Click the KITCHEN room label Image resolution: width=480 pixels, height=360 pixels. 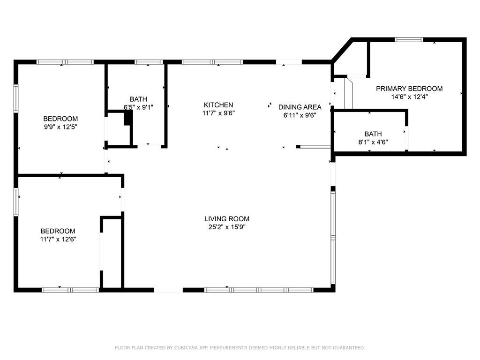tap(218, 105)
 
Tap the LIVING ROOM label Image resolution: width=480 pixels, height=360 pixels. tap(227, 219)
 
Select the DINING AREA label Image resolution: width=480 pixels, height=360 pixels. tap(300, 107)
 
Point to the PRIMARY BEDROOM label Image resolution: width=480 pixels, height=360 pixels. tap(409, 89)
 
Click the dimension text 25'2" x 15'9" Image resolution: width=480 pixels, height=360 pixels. tap(227, 227)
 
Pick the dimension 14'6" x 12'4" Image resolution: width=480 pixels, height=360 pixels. tap(409, 97)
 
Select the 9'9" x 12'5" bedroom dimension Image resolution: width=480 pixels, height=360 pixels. tap(60, 127)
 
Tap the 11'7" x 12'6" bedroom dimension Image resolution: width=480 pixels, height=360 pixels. tap(58, 240)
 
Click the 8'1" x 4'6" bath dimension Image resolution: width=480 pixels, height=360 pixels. tap(373, 142)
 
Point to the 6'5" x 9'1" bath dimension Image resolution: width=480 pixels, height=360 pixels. tap(138, 107)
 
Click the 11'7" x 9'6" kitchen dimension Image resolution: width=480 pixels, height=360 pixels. tap(218, 113)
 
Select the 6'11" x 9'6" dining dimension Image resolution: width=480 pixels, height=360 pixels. tap(300, 115)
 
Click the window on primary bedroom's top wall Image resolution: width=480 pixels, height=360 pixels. tap(409, 39)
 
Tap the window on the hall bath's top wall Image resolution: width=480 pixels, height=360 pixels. tap(149, 62)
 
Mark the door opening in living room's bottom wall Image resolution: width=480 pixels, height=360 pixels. tap(168, 290)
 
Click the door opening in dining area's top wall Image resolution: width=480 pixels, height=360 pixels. tap(289, 62)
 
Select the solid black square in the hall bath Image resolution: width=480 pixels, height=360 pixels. tap(128, 118)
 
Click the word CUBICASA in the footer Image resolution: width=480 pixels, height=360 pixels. tap(186, 348)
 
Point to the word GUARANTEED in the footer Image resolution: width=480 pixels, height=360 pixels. tap(349, 348)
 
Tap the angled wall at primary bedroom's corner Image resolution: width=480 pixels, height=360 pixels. tap(342, 50)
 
